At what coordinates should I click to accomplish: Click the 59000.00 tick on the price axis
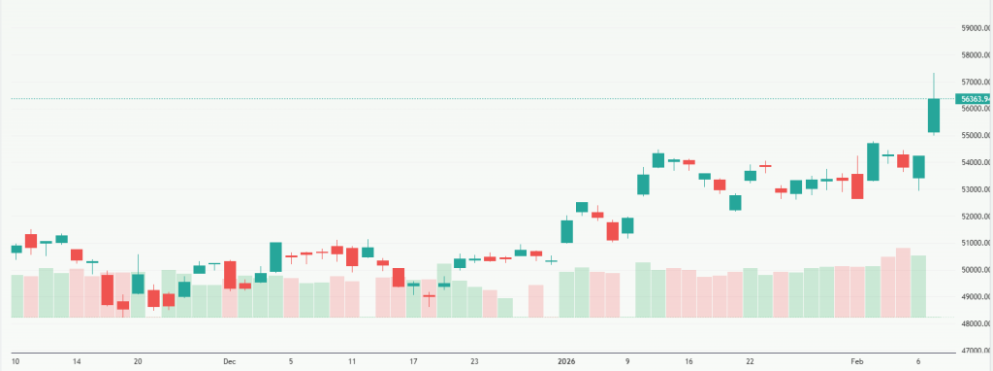click(x=974, y=28)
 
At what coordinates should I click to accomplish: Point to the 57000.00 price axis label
click(x=974, y=82)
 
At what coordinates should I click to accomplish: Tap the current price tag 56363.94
click(x=973, y=99)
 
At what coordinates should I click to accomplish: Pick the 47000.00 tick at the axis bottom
click(x=974, y=351)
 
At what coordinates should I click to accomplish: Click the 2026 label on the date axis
click(x=566, y=361)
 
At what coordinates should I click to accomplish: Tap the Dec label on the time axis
click(x=230, y=361)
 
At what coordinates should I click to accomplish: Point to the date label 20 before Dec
click(x=138, y=361)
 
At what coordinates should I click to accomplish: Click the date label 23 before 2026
click(x=474, y=361)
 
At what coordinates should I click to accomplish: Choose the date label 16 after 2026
click(x=689, y=361)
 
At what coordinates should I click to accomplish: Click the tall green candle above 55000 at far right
click(x=934, y=116)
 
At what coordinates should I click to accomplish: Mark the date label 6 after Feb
click(x=918, y=361)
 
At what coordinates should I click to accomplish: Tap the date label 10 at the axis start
click(x=16, y=361)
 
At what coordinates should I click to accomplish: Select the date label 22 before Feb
click(x=750, y=361)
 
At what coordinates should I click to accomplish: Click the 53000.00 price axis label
click(x=974, y=189)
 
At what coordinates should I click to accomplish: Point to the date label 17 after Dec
click(x=413, y=361)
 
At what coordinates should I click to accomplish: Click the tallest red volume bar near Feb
click(x=903, y=283)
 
